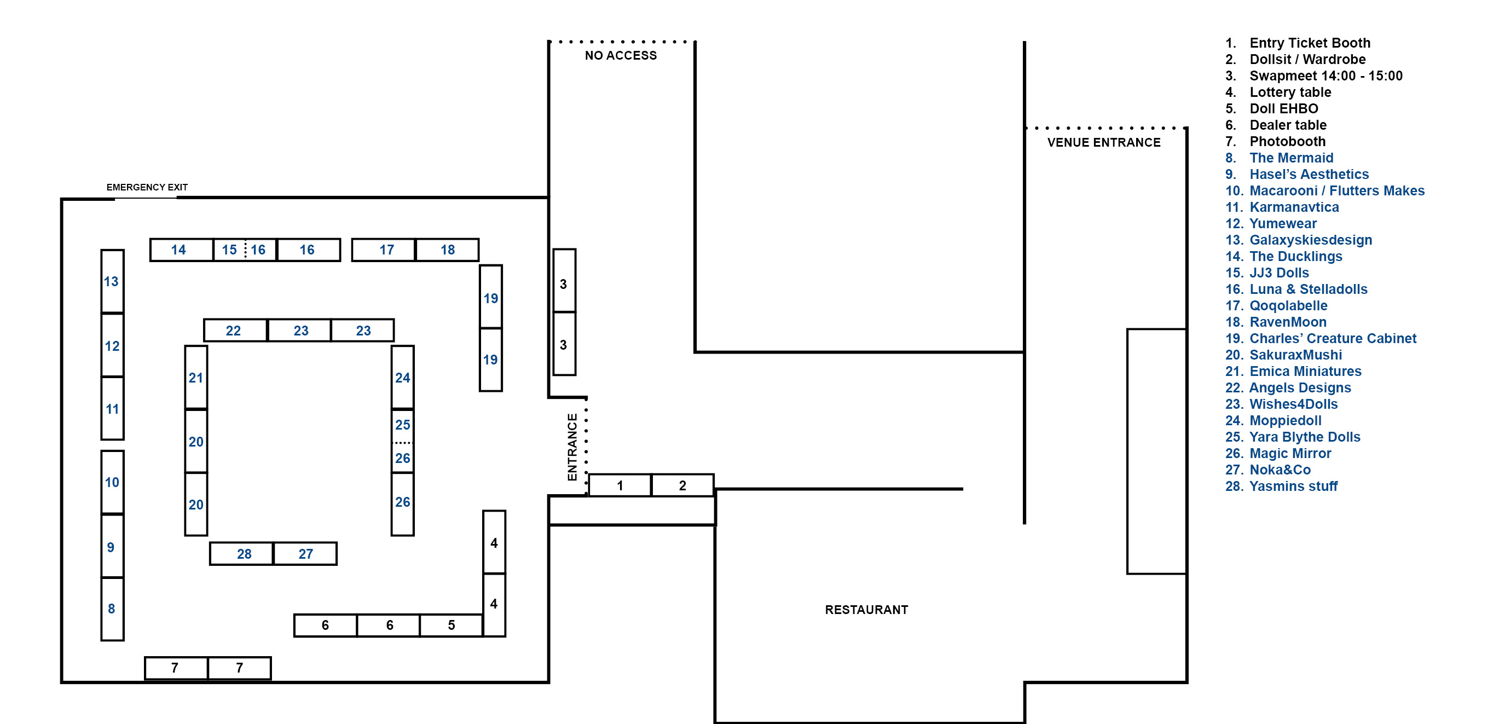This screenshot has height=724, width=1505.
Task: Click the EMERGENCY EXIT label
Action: [147, 187]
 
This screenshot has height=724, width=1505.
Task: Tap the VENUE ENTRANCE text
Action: [1104, 143]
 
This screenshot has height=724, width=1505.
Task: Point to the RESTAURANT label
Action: [866, 610]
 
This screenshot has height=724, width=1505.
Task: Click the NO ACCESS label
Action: [621, 55]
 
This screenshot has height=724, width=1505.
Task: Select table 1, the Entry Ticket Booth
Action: [620, 485]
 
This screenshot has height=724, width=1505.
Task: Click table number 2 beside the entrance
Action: [682, 485]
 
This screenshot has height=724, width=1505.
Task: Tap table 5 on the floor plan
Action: [451, 625]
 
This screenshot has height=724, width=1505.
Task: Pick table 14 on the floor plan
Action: [181, 250]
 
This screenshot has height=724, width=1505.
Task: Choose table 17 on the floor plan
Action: [383, 250]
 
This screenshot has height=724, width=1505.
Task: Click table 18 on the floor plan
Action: [447, 250]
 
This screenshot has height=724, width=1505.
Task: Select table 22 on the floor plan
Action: [235, 330]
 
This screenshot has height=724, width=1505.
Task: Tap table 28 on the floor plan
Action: [241, 553]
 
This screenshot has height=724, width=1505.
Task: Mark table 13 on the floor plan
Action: [112, 281]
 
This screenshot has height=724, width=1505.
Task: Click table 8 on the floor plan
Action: [112, 609]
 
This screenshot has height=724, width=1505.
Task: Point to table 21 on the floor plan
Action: [196, 378]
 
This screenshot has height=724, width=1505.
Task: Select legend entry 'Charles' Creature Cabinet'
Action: [1321, 338]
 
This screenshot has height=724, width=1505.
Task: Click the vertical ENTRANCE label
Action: [572, 447]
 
